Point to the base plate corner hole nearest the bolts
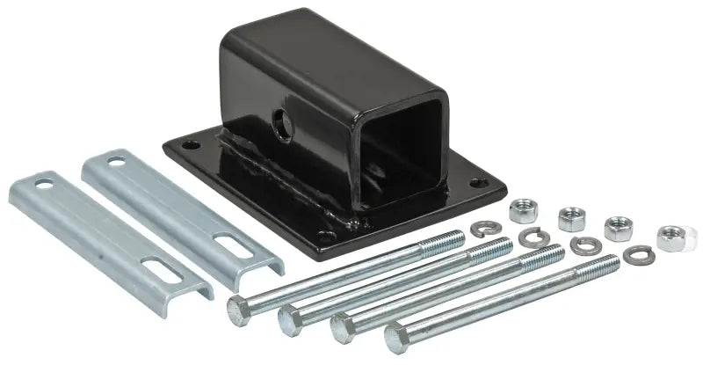click(330, 237)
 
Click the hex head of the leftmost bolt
click(237, 307)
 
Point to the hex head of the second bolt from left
click(289, 317)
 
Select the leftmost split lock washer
click(480, 230)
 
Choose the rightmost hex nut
click(671, 237)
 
